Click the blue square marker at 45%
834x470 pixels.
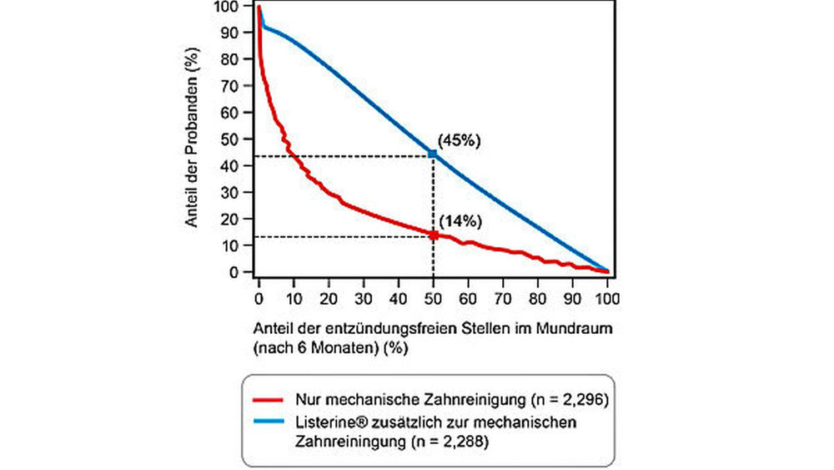click(432, 154)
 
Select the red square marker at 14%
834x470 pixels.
click(434, 235)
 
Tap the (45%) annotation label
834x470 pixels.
click(460, 141)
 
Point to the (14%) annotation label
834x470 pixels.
click(460, 221)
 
